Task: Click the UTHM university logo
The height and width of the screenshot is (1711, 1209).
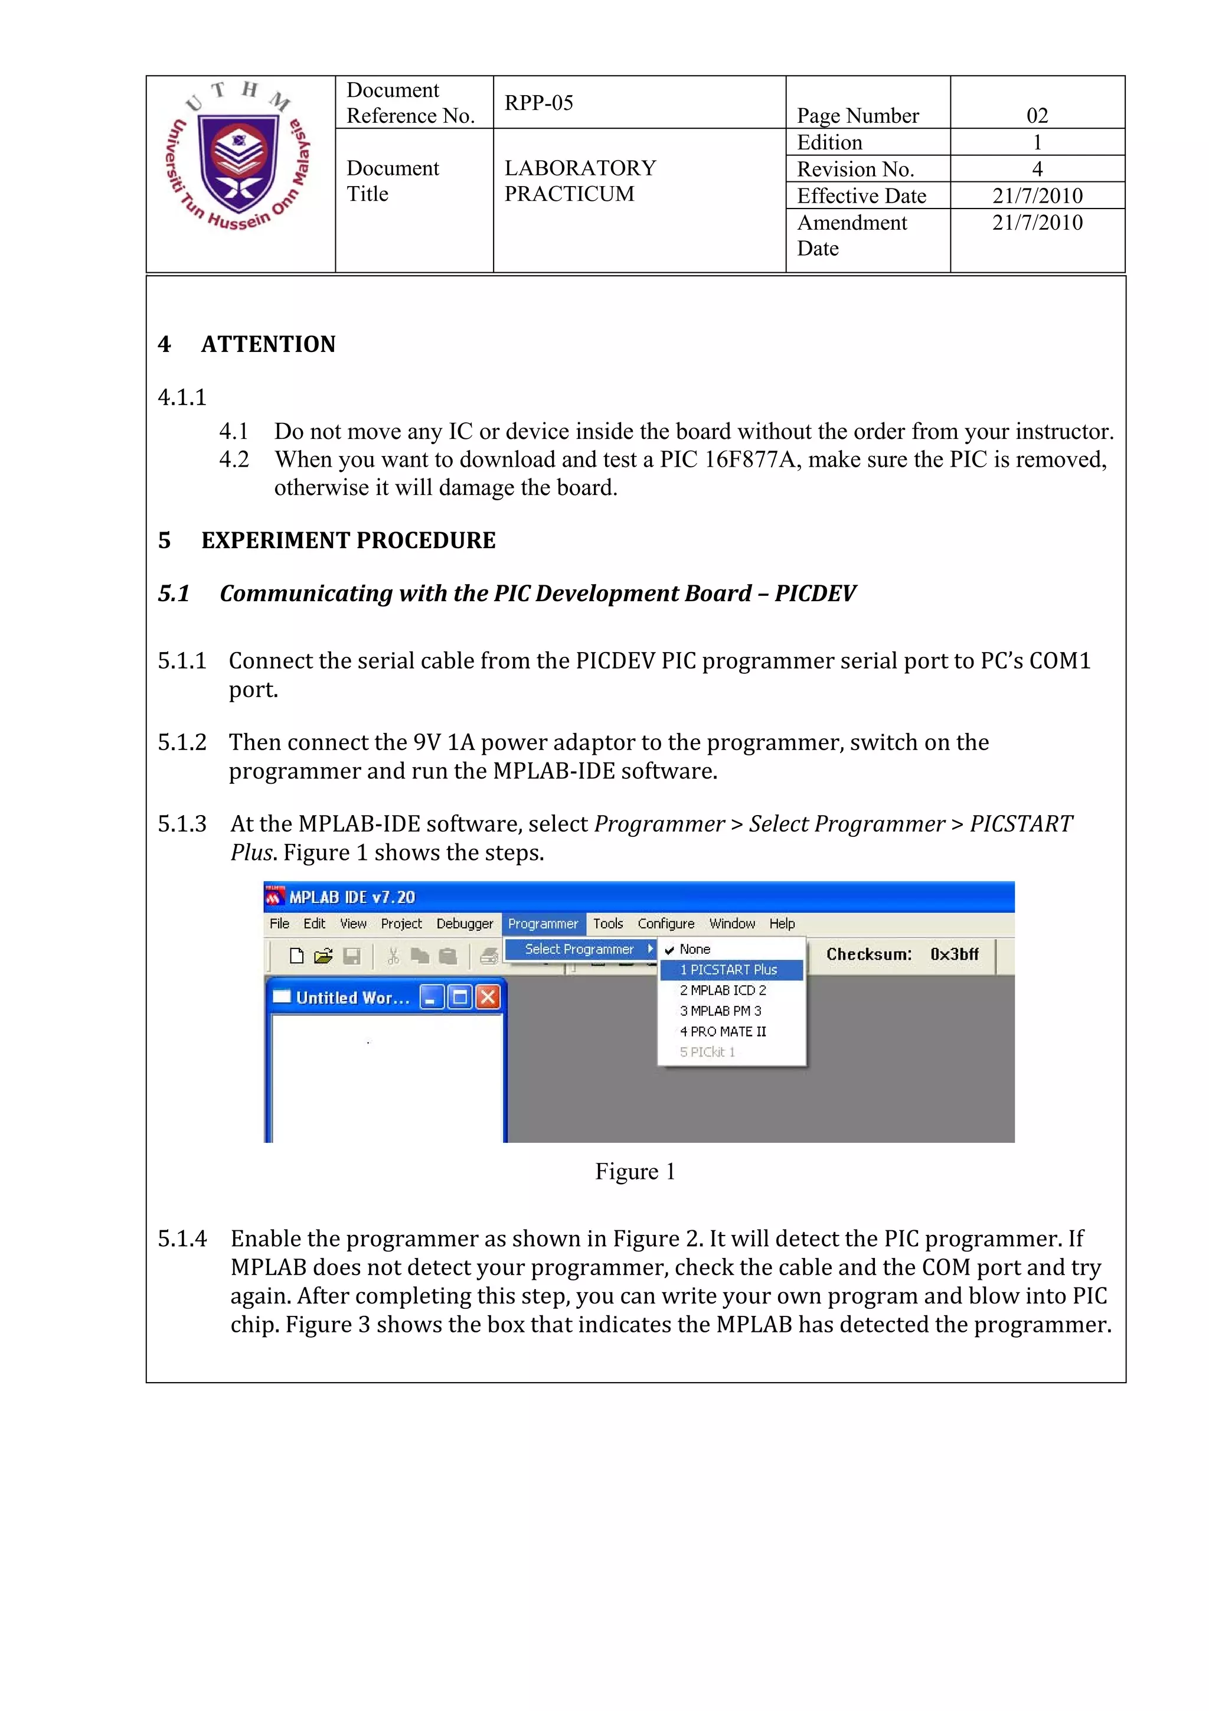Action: click(x=238, y=157)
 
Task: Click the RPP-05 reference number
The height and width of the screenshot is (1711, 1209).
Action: click(x=538, y=103)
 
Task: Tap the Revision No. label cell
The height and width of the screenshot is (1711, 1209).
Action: click(x=855, y=169)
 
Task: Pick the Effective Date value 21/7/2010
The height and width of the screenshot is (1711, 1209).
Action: click(x=1037, y=196)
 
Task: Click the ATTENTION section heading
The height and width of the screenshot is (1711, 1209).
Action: click(x=268, y=344)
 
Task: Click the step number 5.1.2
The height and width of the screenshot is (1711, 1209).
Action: click(x=182, y=742)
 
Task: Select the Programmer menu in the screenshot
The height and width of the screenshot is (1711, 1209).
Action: click(x=543, y=923)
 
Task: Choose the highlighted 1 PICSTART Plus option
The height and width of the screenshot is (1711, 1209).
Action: click(x=728, y=970)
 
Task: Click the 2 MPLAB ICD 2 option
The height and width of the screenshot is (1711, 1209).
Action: click(x=722, y=990)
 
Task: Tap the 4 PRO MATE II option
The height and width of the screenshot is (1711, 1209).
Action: click(x=722, y=1031)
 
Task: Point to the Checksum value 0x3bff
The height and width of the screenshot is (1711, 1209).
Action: click(x=953, y=954)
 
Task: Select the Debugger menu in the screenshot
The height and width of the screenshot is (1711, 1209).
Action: click(x=464, y=923)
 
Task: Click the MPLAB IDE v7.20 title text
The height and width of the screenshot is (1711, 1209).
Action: click(x=352, y=897)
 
